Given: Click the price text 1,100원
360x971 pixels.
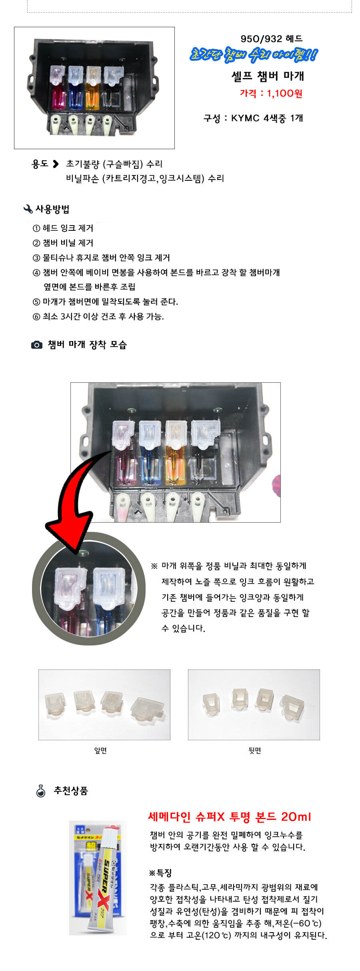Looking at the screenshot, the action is (284, 94).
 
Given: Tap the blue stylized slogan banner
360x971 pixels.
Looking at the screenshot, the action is (254, 55).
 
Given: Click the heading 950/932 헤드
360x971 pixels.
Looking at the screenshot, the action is (271, 39).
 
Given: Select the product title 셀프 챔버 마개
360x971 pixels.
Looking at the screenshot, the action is (268, 76).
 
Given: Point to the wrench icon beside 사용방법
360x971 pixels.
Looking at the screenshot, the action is (28, 209).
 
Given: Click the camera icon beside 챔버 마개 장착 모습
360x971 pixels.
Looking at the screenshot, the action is (37, 345).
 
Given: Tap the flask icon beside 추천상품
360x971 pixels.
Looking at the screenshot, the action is (41, 791).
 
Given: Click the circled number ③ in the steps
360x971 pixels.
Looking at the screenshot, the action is (36, 258).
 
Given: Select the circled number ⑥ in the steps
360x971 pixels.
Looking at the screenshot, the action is (36, 317).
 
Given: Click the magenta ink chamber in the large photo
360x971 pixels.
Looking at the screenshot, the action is (124, 468).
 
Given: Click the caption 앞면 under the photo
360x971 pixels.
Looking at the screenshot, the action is (100, 751).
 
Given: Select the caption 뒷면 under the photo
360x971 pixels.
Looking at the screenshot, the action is (255, 751).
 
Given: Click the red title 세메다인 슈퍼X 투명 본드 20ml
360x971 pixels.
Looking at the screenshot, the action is (230, 817).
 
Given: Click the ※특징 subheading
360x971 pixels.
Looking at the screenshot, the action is (160, 873).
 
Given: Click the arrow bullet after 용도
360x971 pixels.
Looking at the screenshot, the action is (56, 164).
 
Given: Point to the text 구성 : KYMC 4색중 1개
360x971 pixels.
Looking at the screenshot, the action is (253, 118).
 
